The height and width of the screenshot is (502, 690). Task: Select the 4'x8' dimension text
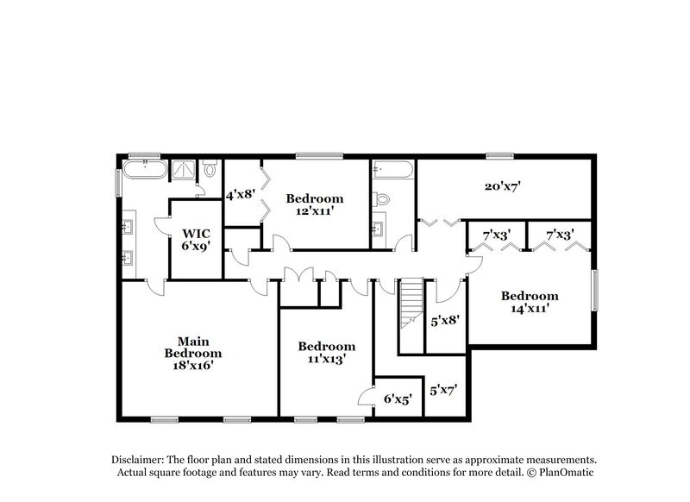(239, 195)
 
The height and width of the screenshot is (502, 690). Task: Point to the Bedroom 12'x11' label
(315, 204)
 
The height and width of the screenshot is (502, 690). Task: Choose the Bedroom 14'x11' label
(530, 301)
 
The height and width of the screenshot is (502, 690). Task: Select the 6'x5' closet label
(398, 399)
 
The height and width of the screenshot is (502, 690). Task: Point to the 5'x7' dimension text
(443, 389)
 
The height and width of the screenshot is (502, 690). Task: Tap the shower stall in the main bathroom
(185, 169)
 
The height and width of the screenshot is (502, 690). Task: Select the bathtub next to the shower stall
(144, 168)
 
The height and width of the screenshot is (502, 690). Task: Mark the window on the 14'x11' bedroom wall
(593, 288)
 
